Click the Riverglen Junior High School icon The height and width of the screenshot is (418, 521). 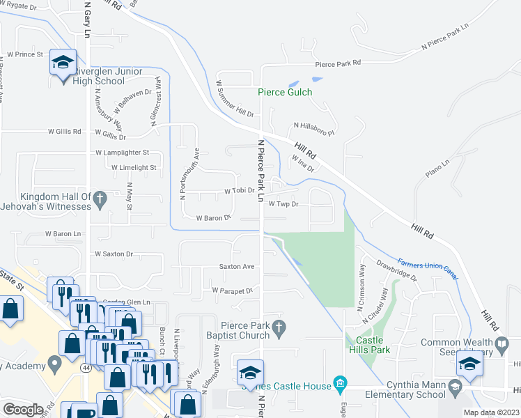click(x=63, y=63)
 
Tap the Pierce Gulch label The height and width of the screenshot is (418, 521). click(x=285, y=92)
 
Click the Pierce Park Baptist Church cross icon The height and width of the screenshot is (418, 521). click(x=279, y=326)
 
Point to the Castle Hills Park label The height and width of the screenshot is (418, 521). click(x=368, y=345)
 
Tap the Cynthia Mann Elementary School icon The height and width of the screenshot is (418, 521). click(x=455, y=386)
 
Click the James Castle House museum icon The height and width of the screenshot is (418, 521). click(x=340, y=382)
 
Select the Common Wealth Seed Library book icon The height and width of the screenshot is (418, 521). click(x=501, y=343)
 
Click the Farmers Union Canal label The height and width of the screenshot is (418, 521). click(x=428, y=269)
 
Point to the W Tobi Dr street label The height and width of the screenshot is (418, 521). click(x=238, y=190)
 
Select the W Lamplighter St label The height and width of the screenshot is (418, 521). click(x=122, y=152)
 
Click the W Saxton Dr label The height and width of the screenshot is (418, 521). click(x=114, y=254)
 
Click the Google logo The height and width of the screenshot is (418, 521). click(x=23, y=410)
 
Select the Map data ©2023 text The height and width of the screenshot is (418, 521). click(x=490, y=412)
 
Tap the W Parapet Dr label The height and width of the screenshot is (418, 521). click(x=231, y=290)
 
